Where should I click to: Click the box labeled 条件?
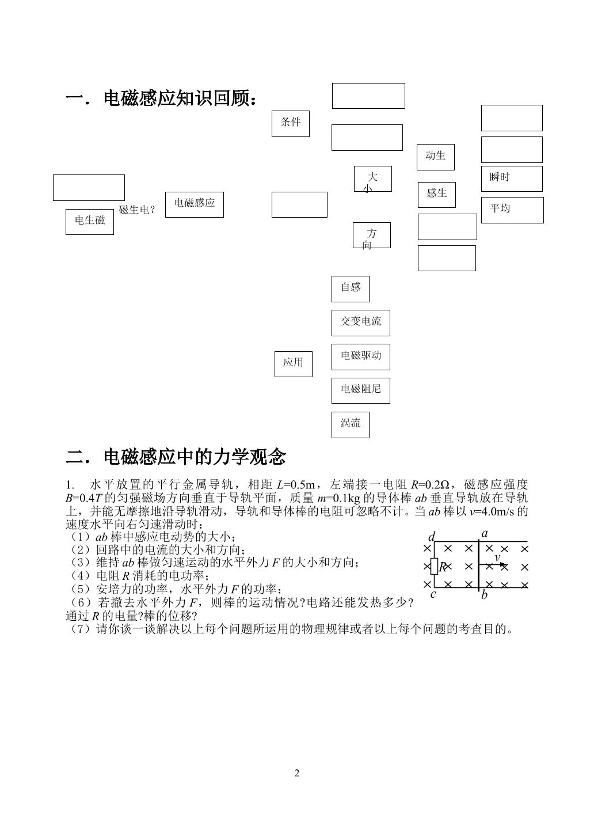pos(291,124)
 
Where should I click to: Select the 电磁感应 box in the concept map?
pos(194,204)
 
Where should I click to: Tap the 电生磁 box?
pos(89,222)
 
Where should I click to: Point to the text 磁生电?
pos(136,210)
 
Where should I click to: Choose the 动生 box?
pos(436,157)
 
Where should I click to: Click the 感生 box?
pos(437,195)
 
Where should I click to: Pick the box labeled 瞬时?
pos(512,179)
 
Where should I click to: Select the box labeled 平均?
pos(512,210)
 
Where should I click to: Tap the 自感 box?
pos(351,288)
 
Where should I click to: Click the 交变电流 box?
pos(361,323)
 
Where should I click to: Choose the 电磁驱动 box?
pos(361,357)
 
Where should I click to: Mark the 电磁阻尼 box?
pos(361,390)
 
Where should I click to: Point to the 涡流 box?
pos(351,425)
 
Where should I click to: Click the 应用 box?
pos(294,364)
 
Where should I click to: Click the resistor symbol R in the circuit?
pos(435,566)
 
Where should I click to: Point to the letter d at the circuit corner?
pos(432,537)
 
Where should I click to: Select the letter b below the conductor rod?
pos(484,594)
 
